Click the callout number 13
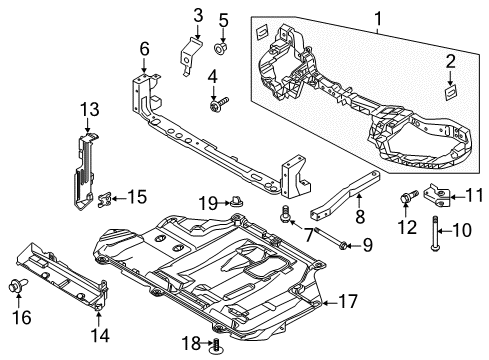pyautogui.click(x=90, y=109)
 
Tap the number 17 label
pyautogui.click(x=348, y=301)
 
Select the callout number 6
pyautogui.click(x=144, y=49)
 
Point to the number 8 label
pyautogui.click(x=360, y=216)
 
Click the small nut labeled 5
pyautogui.click(x=220, y=49)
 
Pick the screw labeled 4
pyautogui.click(x=219, y=104)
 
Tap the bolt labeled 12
pyautogui.click(x=408, y=196)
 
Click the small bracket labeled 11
pyautogui.click(x=437, y=197)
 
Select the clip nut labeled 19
pyautogui.click(x=236, y=202)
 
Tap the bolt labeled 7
pyautogui.click(x=286, y=215)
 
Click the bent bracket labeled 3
pyautogui.click(x=190, y=55)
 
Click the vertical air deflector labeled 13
pyautogui.click(x=84, y=171)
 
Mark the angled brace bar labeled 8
pyautogui.click(x=345, y=195)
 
